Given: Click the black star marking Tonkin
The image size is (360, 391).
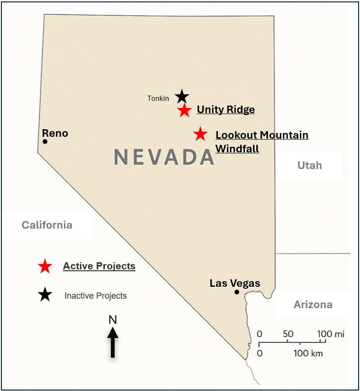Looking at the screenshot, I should point(182,97).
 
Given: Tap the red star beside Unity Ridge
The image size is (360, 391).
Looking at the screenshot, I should point(184,111).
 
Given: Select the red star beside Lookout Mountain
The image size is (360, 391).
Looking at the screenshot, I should point(200,134).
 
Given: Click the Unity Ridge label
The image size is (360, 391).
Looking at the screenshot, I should point(225,110).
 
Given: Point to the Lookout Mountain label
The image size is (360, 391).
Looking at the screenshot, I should point(262,135).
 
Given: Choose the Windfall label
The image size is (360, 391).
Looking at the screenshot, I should point(237,149).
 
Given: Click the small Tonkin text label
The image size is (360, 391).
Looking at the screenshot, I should point(158,98).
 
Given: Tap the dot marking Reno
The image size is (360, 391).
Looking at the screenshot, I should point(45,142).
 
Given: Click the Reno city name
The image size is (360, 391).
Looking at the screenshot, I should point(55,133).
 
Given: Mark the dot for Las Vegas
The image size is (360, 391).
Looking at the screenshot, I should point(236,292).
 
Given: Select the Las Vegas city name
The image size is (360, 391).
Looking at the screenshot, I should point(235,284).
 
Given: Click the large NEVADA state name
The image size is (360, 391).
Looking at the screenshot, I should point(164,157).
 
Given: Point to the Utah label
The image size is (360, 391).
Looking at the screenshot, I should point(309,165).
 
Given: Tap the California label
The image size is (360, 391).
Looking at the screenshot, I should point(47,225).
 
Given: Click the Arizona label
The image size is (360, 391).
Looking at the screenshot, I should point(313,304).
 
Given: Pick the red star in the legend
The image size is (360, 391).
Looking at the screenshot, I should point(45,267).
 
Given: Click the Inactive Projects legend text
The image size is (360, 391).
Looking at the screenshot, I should point(96,296).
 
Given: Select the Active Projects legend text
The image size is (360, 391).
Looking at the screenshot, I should point(99,266).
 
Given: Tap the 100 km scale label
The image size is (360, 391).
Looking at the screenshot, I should point(308,353).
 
